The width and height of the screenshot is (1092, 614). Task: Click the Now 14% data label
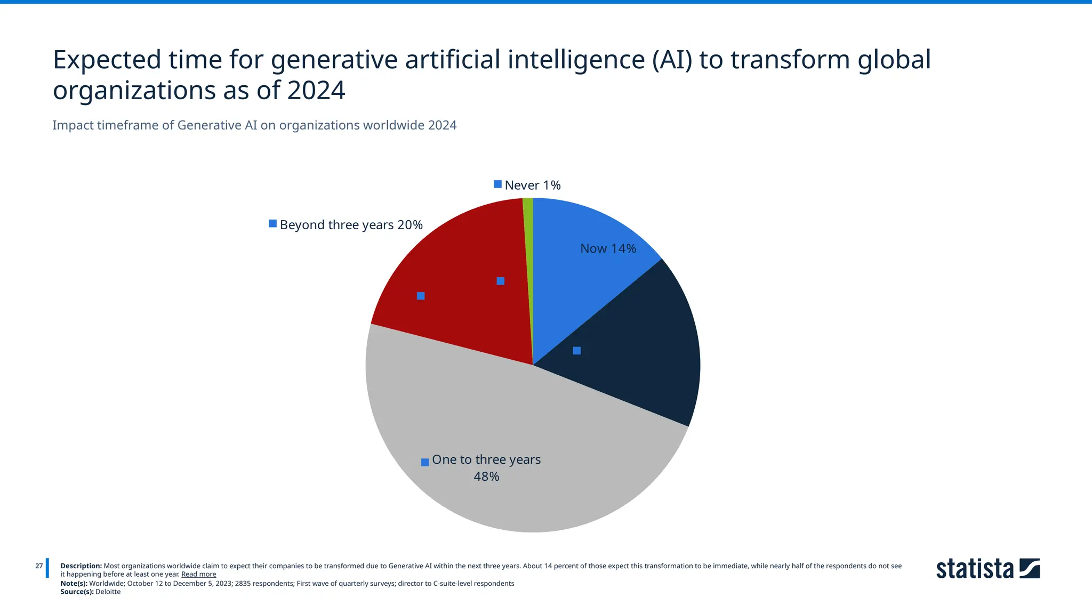(608, 249)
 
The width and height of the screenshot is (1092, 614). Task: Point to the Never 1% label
(532, 185)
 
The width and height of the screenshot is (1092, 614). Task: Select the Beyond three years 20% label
(351, 225)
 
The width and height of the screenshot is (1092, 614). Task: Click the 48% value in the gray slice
(486, 476)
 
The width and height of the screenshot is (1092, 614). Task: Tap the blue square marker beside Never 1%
(497, 184)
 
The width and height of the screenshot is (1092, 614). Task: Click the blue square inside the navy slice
(576, 351)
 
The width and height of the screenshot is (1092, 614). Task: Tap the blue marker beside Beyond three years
(272, 224)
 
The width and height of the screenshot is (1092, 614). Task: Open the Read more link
(198, 575)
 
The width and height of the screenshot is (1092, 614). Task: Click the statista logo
(987, 569)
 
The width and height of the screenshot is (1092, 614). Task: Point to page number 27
(39, 566)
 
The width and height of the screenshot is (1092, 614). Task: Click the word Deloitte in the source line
(108, 592)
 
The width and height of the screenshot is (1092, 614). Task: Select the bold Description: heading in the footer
(81, 566)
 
